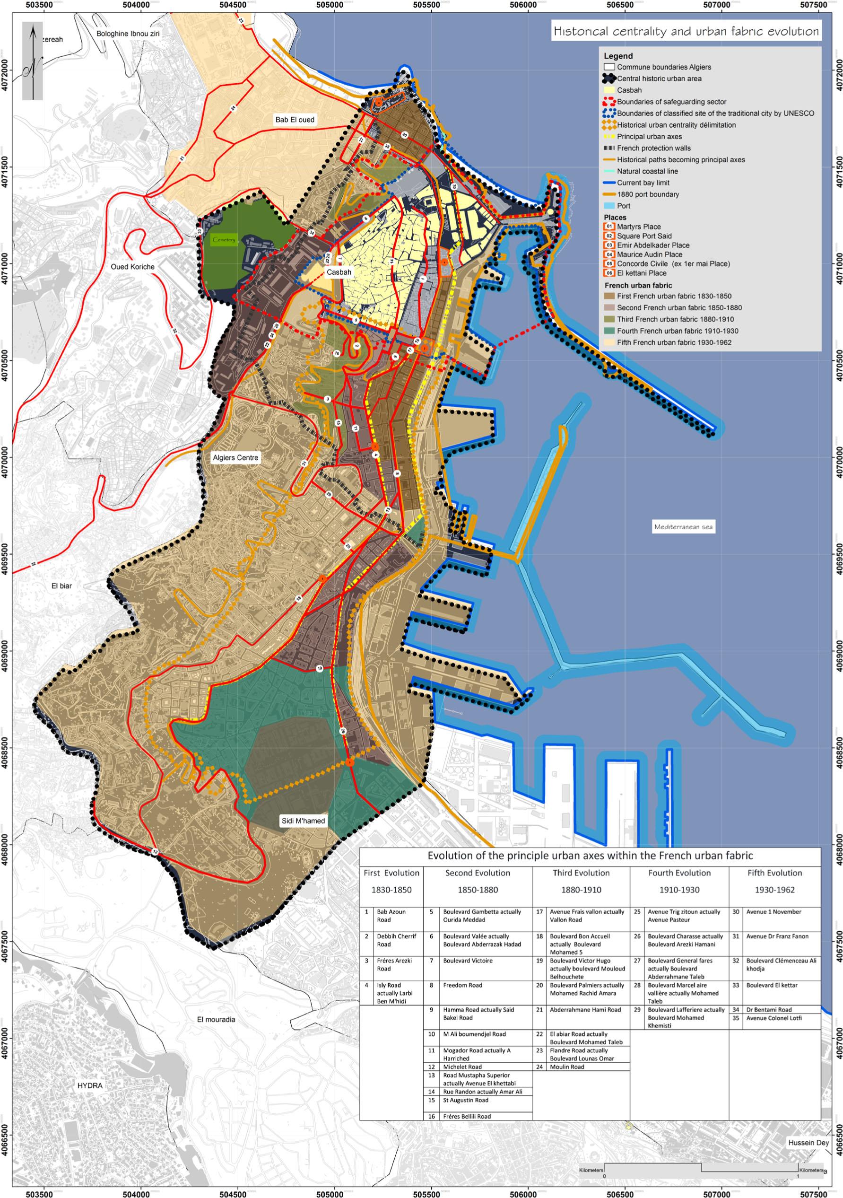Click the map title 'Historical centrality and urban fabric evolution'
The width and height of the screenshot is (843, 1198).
click(686, 31)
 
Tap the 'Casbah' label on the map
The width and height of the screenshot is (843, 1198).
click(339, 272)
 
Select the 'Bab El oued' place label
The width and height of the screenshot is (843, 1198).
click(295, 120)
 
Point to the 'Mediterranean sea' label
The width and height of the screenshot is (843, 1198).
click(683, 526)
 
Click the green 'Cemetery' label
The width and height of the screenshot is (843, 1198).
click(224, 241)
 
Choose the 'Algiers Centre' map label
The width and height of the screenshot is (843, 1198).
click(235, 458)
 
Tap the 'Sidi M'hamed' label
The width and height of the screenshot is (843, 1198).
click(303, 821)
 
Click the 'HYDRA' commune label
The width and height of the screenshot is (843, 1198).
click(90, 1085)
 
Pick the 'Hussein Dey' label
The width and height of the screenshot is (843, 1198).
click(808, 1143)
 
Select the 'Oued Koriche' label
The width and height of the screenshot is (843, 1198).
click(132, 267)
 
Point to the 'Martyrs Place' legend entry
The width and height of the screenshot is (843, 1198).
click(638, 227)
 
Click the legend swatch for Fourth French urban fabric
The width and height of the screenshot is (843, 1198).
click(609, 331)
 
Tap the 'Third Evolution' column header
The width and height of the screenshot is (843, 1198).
click(581, 873)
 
